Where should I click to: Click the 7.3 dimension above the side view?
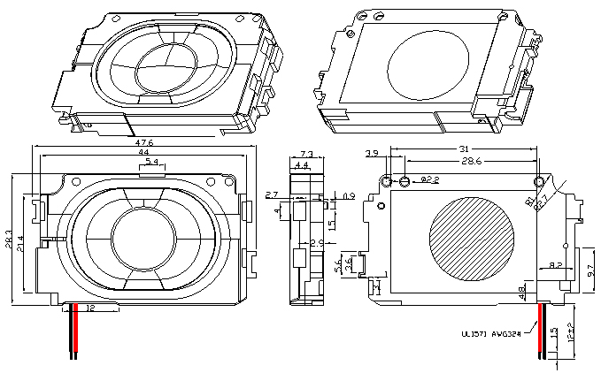pyautogui.click(x=302, y=154)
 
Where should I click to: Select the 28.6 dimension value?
pyautogui.click(x=471, y=163)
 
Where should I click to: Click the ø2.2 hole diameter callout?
pyautogui.click(x=429, y=180)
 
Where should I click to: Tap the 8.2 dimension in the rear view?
pyautogui.click(x=556, y=264)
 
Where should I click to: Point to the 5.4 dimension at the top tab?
pyautogui.click(x=151, y=163)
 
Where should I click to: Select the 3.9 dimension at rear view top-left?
pyautogui.click(x=372, y=154)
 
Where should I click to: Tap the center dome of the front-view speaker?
pyautogui.click(x=144, y=237)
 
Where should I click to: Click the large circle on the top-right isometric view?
pyautogui.click(x=424, y=62)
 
